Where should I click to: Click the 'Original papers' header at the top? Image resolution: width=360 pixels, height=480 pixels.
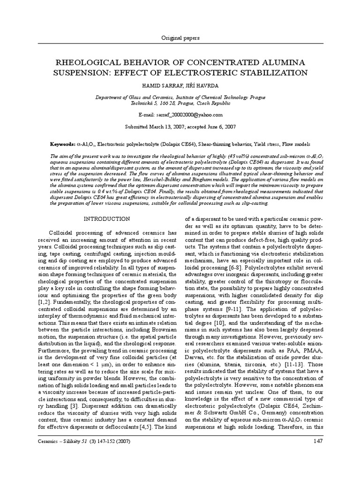(180, 37)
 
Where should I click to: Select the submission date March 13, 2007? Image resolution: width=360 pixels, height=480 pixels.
(162, 127)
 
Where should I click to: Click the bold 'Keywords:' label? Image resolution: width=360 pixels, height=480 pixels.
(63, 145)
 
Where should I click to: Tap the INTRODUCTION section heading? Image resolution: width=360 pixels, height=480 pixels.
(107, 219)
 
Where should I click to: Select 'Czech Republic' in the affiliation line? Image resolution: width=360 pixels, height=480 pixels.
(212, 103)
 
